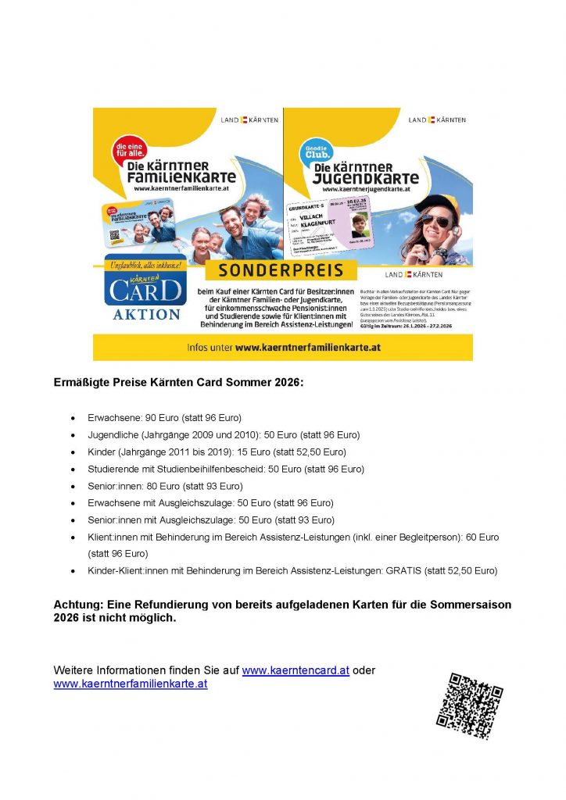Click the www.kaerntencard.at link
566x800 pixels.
pos(296,670)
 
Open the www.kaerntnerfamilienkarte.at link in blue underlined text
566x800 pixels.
pos(131,684)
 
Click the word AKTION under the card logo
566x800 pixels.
pos(145,314)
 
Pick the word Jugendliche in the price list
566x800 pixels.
pos(114,435)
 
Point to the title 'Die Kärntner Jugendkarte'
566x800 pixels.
pos(367,173)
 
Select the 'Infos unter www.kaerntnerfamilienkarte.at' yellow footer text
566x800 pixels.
pos(283,347)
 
